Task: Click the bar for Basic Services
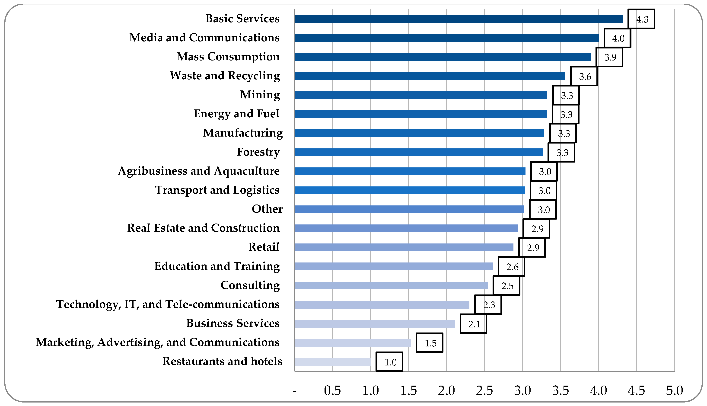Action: click(x=459, y=19)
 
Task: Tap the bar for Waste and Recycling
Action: click(x=430, y=76)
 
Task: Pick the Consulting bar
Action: click(x=391, y=285)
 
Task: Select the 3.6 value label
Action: click(x=584, y=76)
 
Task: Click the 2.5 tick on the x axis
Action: click(x=484, y=391)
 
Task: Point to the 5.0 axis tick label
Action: click(x=674, y=391)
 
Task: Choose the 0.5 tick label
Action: click(x=332, y=391)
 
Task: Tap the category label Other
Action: click(x=267, y=209)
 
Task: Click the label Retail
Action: click(x=264, y=247)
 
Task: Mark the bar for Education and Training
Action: click(x=394, y=267)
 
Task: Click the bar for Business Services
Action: click(x=375, y=324)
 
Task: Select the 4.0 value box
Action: click(x=617, y=38)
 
